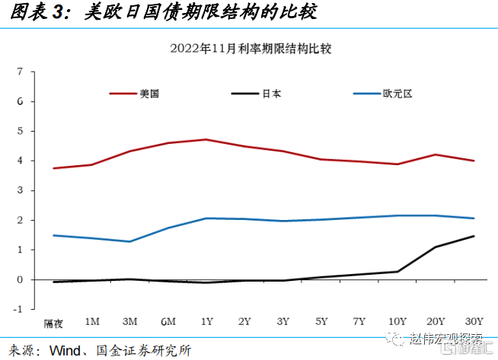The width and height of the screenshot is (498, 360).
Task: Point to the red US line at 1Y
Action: [206, 139]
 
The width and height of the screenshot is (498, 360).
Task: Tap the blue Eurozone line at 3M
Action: [130, 241]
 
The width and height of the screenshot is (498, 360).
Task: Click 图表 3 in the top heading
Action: [32, 14]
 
